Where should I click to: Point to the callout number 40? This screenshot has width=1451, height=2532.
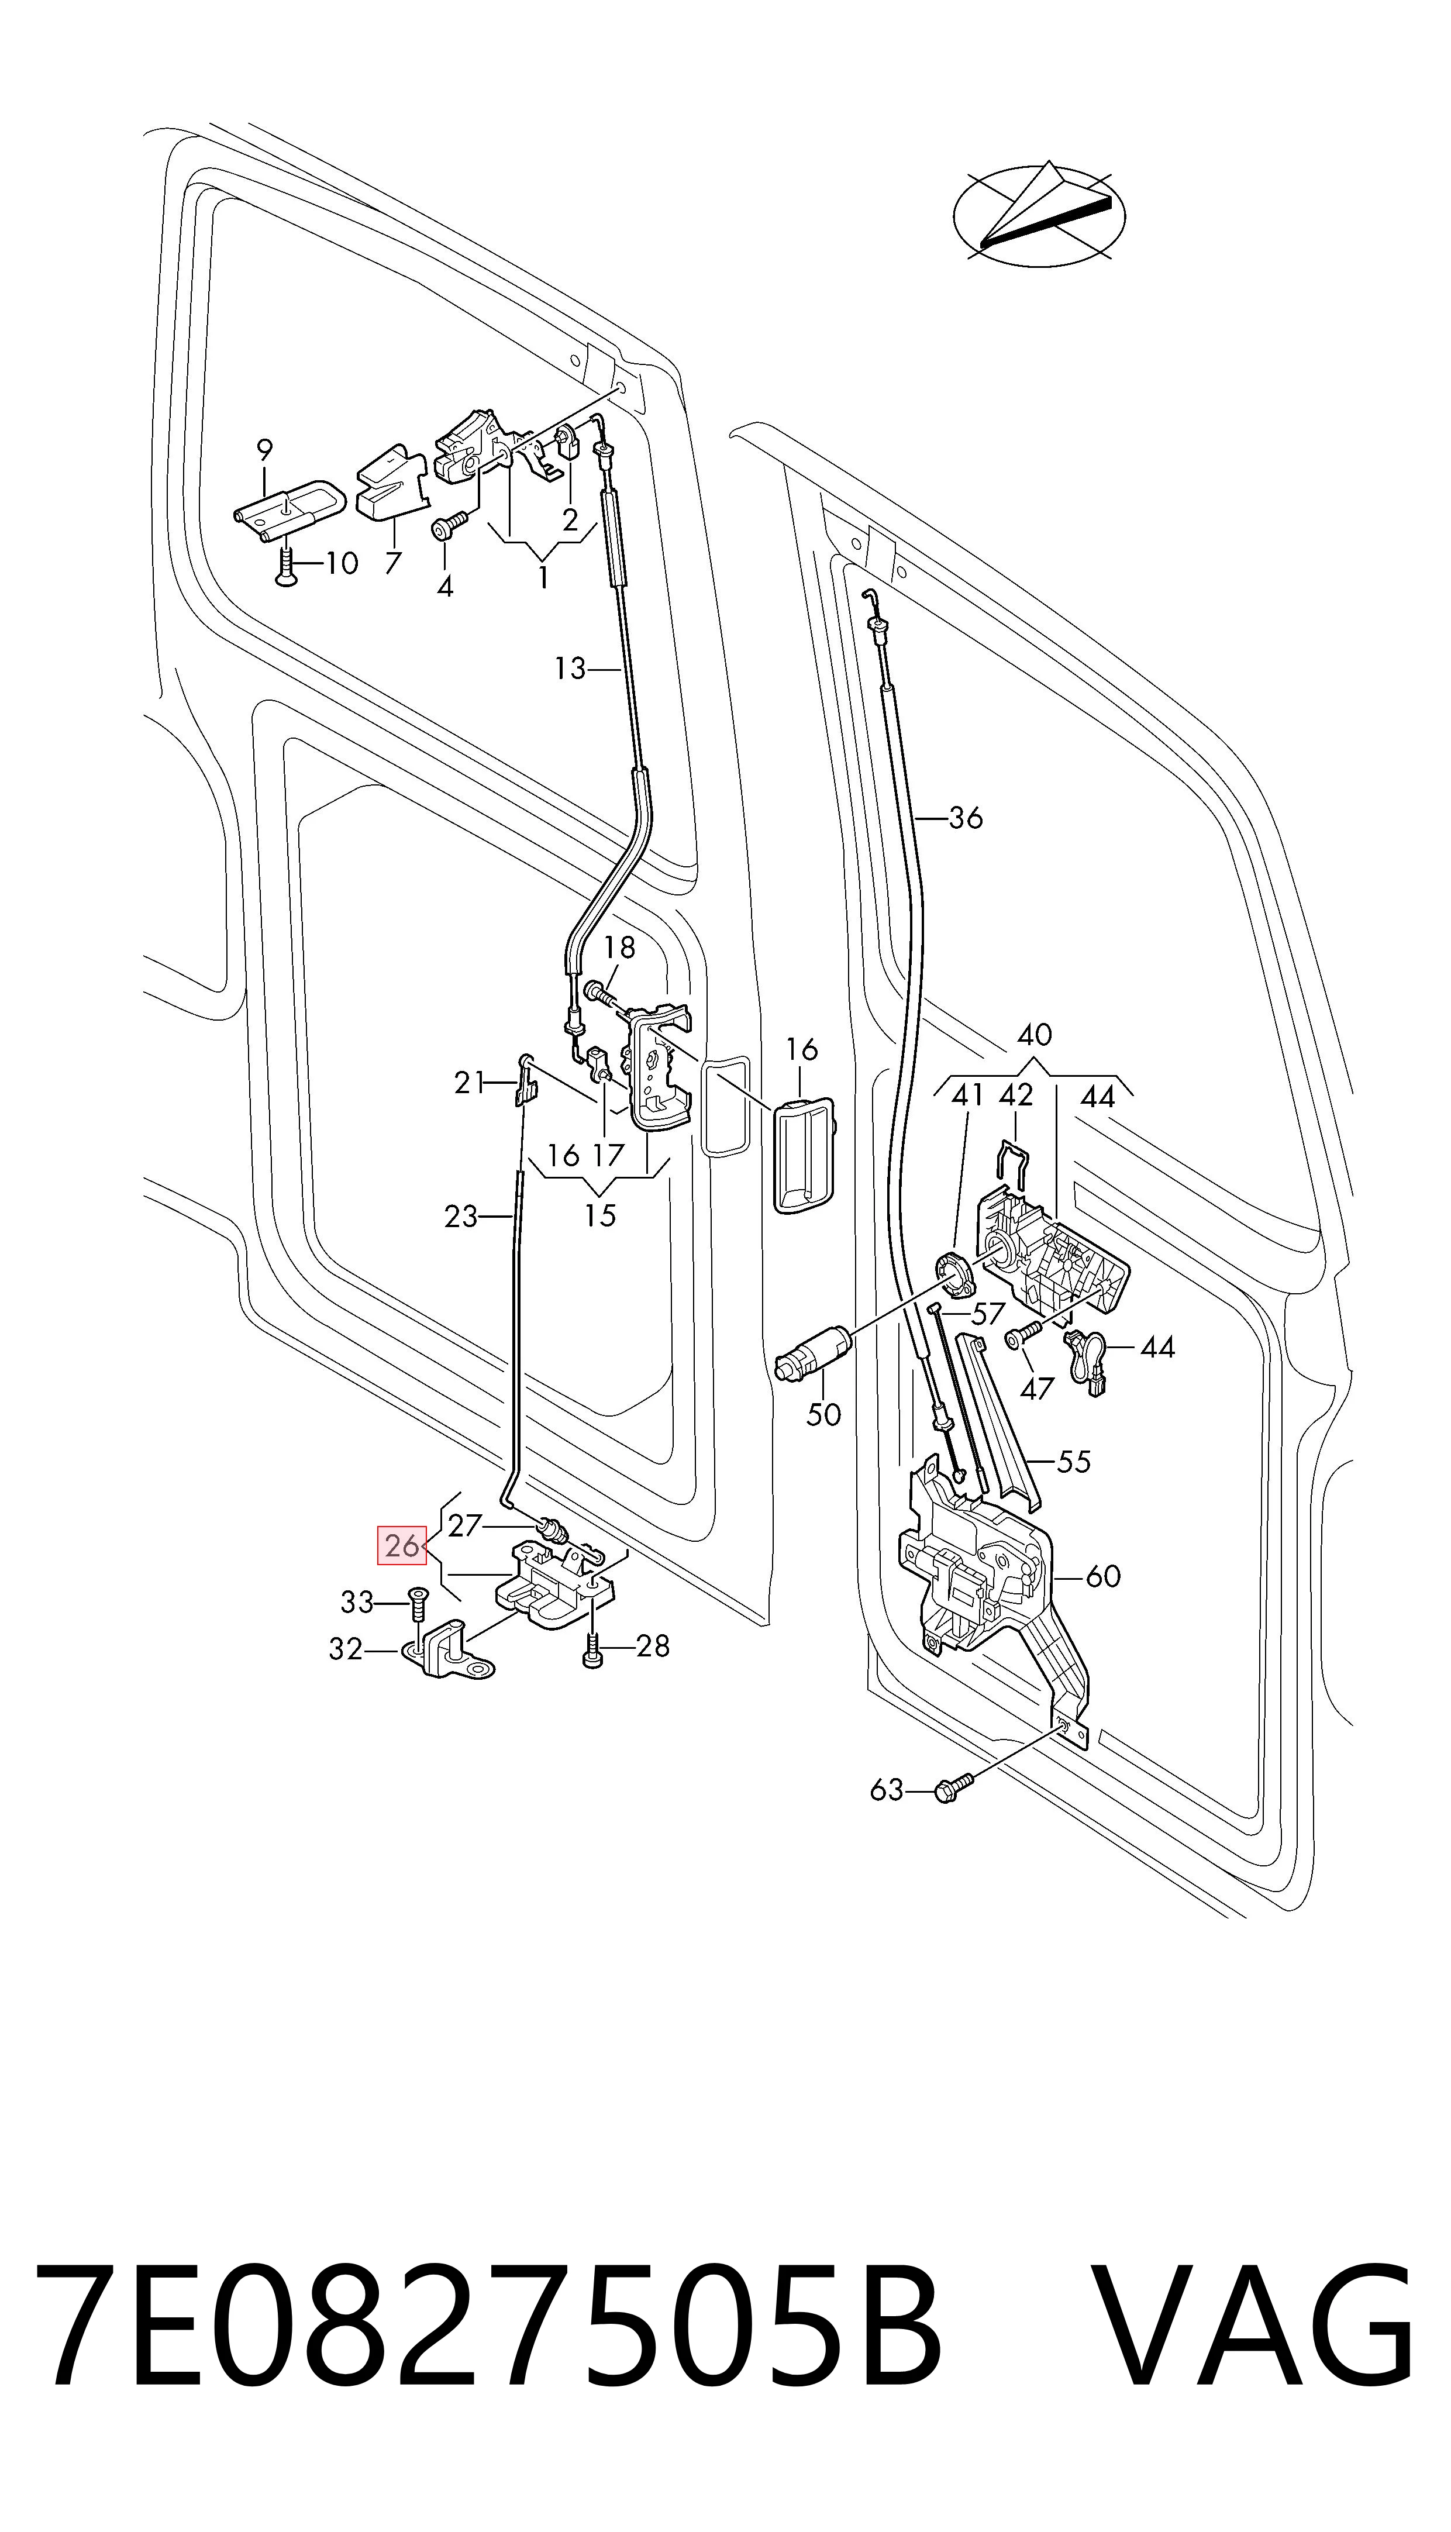[x=1035, y=1035]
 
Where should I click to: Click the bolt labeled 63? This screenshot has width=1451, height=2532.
[x=951, y=1790]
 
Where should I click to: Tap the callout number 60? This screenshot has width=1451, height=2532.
[x=1103, y=1576]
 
